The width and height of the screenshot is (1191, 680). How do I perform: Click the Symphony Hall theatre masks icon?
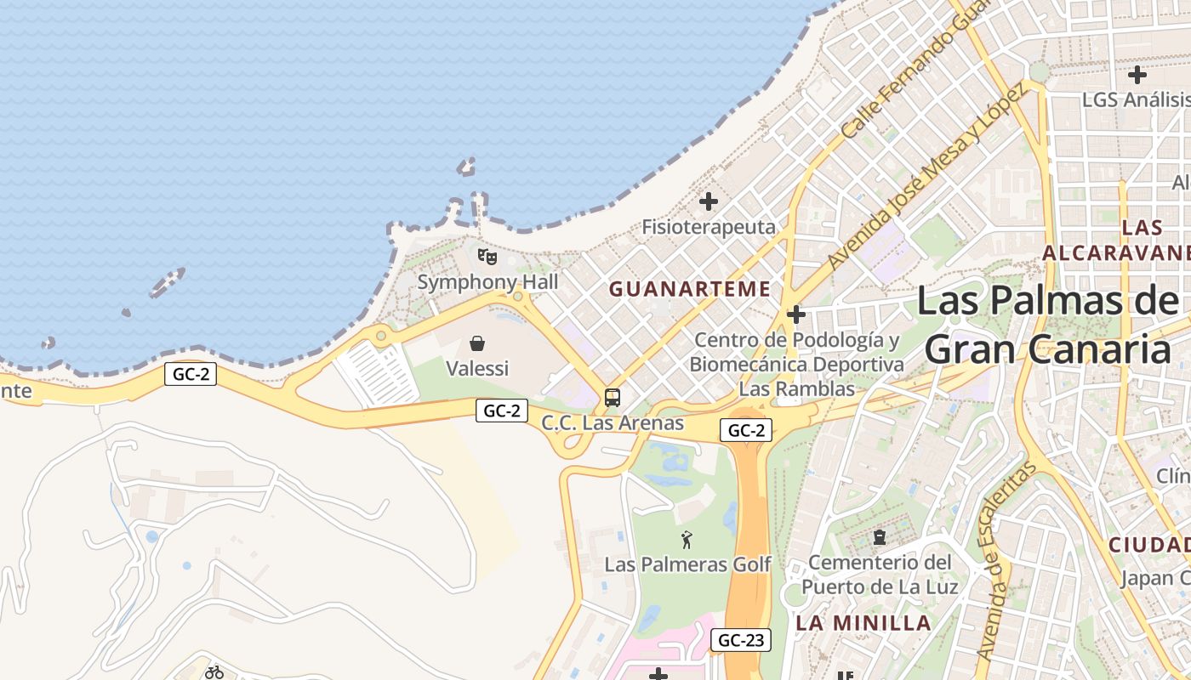tap(487, 256)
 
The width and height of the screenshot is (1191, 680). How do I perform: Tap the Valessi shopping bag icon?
tap(477, 343)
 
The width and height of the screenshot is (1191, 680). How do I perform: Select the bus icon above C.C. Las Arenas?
tap(612, 397)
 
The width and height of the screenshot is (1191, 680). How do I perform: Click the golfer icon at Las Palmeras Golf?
tap(687, 539)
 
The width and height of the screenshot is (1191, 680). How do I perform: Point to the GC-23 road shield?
tap(741, 640)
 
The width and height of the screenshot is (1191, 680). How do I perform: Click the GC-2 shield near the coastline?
tap(191, 374)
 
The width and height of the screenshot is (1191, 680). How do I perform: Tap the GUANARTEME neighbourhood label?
tap(690, 289)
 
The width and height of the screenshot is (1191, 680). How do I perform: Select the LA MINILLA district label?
tap(863, 623)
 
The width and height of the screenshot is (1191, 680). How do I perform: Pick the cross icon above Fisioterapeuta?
tap(708, 201)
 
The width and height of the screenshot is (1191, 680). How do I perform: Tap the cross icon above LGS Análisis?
tap(1137, 75)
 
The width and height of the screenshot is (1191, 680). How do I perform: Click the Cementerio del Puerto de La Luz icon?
tap(879, 537)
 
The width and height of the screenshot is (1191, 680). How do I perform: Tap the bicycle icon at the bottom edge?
tap(214, 672)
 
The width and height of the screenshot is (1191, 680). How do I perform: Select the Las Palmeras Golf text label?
tap(687, 564)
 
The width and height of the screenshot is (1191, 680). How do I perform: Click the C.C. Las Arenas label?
tap(613, 422)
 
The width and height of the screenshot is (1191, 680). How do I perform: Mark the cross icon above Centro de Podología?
tap(796, 315)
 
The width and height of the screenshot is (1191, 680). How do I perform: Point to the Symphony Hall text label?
tap(487, 281)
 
